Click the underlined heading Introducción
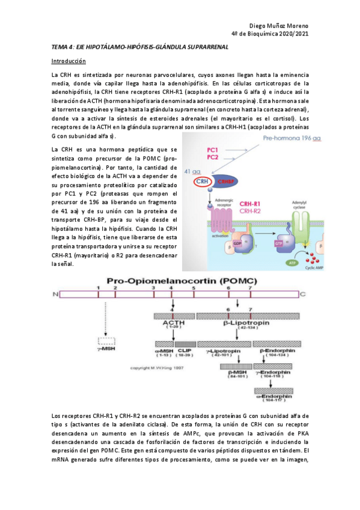69,61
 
